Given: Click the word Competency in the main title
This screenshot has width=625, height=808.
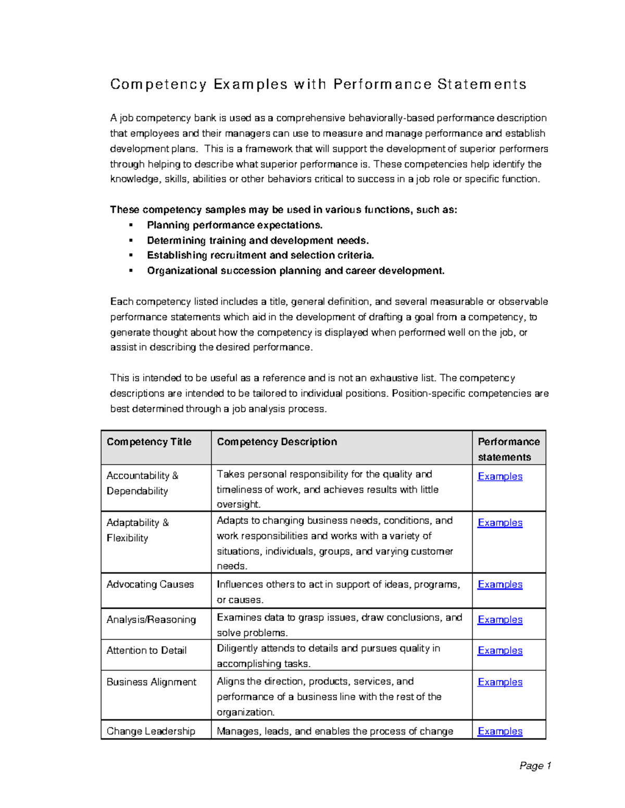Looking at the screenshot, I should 158,84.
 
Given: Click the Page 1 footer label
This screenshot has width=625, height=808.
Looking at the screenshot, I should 535,765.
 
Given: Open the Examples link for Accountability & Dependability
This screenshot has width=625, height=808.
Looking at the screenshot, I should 499,476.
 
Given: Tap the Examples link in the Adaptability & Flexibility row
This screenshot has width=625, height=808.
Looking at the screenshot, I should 499,522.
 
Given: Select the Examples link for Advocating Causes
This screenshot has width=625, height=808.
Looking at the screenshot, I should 499,584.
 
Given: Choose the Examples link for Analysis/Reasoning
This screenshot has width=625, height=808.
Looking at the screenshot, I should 499,620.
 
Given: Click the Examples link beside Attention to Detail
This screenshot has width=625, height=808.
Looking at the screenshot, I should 499,650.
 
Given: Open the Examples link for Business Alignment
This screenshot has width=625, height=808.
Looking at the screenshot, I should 499,682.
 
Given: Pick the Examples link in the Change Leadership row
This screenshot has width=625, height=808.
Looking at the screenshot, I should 499,731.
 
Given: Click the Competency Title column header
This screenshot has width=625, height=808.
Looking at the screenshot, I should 149,442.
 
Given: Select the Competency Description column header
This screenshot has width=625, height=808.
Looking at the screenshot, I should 277,442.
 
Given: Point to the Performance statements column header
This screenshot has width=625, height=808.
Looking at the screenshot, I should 508,449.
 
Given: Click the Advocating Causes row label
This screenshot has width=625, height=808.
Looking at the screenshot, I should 150,584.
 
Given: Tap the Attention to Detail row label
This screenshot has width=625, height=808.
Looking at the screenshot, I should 146,650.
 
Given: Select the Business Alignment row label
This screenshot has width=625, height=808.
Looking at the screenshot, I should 151,682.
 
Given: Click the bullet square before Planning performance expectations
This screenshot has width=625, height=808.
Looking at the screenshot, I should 131,225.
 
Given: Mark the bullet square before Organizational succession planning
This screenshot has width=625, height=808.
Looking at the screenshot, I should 131,271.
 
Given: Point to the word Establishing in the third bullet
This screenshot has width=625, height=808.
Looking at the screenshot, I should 177,255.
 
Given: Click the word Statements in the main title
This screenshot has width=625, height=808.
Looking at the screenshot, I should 482,84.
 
